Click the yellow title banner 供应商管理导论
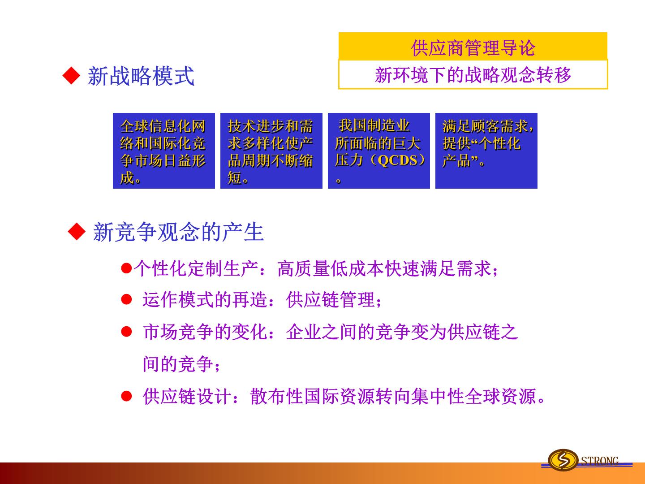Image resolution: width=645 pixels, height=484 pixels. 473,46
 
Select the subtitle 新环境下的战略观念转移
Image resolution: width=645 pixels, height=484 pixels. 473,75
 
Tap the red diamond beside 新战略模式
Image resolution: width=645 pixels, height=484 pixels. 71,76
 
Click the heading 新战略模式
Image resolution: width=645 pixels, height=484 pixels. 141,76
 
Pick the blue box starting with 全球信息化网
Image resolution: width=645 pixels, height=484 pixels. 164,151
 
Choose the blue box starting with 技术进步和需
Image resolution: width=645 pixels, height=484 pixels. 271,151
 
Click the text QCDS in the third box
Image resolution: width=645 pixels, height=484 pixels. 397,160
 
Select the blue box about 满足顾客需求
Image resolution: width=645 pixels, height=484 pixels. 486,151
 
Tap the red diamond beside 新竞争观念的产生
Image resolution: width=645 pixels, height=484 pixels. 77,231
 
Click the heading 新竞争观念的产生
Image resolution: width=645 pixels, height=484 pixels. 178,232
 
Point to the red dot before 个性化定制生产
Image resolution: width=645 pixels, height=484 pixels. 126,268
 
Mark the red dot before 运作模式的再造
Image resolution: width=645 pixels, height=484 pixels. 126,299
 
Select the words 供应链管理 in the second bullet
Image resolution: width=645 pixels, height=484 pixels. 331,300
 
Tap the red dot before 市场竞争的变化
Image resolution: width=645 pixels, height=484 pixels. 126,332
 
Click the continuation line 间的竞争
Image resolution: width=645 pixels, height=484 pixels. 178,364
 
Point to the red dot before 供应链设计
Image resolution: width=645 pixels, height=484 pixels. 126,397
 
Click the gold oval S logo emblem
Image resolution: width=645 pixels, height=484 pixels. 563,460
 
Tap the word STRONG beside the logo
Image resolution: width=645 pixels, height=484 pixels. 600,460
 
